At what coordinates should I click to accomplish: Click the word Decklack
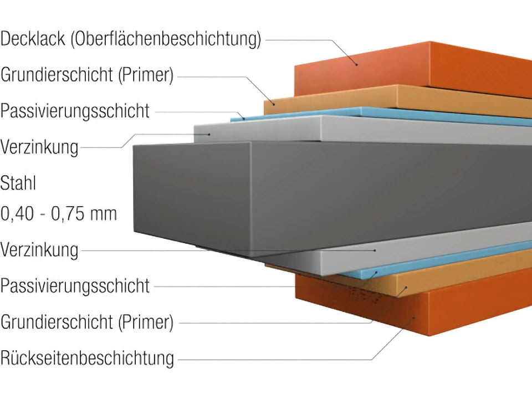[33, 38]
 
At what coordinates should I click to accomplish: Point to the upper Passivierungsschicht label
[75, 111]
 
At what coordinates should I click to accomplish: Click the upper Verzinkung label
[39, 147]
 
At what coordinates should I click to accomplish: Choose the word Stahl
[18, 183]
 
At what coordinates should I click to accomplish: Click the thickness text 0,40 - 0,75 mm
[59, 214]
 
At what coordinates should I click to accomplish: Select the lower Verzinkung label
[39, 250]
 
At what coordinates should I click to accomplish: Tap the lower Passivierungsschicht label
[75, 286]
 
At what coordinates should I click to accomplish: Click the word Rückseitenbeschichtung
[87, 358]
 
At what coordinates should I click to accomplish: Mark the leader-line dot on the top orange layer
[356, 64]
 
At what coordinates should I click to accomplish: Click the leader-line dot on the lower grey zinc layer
[375, 250]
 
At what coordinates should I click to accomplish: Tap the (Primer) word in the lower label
[146, 323]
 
